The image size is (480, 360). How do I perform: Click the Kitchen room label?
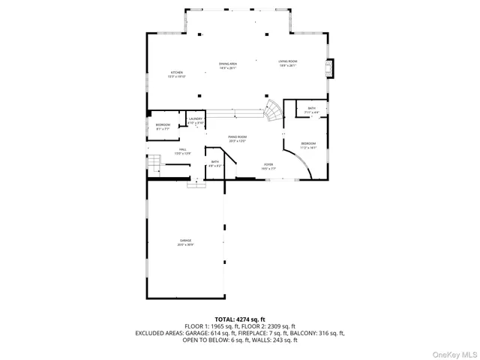click(176, 74)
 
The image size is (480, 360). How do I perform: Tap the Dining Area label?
click(228, 66)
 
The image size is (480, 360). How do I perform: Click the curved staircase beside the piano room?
click(273, 113)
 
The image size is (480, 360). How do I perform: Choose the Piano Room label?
click(237, 138)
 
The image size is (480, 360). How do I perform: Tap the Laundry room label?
click(196, 120)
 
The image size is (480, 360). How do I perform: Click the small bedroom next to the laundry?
click(163, 126)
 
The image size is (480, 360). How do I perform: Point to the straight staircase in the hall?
click(154, 163)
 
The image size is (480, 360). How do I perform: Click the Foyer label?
click(268, 166)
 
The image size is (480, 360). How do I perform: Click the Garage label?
click(185, 241)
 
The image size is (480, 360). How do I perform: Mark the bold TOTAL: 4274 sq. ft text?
click(240, 319)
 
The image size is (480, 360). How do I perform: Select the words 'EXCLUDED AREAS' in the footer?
click(157, 333)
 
